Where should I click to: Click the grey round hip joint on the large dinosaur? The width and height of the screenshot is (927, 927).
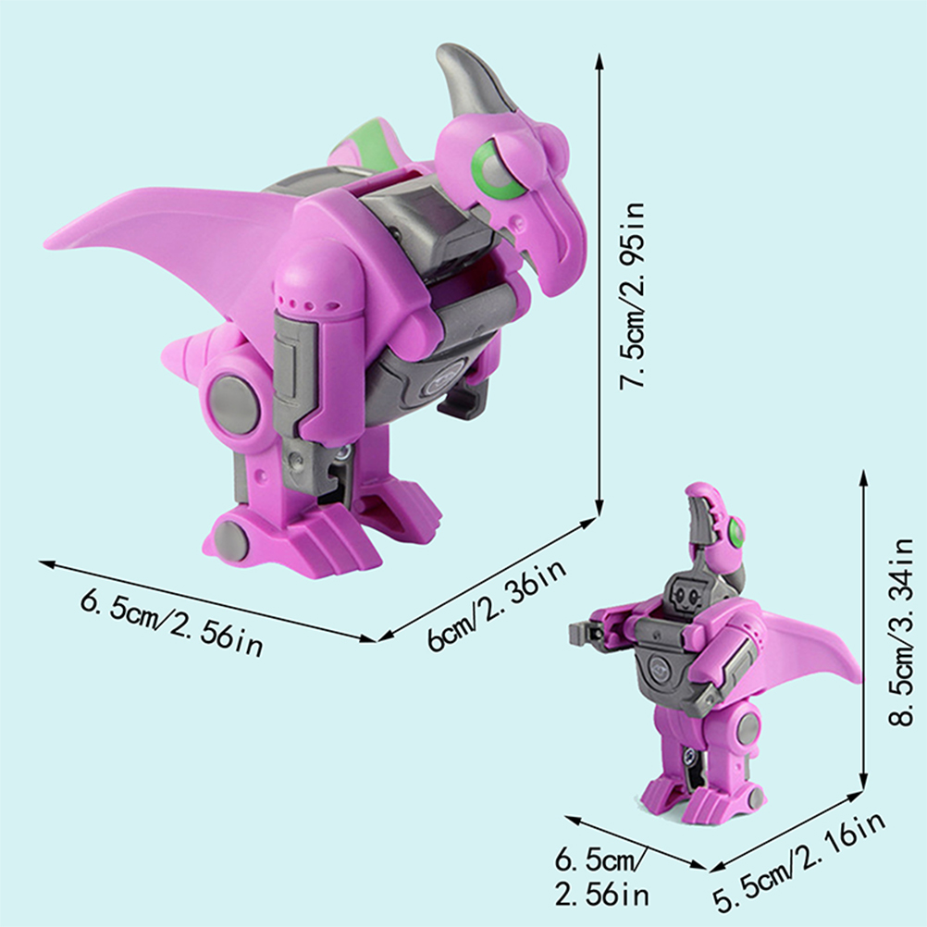[x=232, y=402]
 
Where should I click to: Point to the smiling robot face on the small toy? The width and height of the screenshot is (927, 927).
[x=685, y=596]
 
